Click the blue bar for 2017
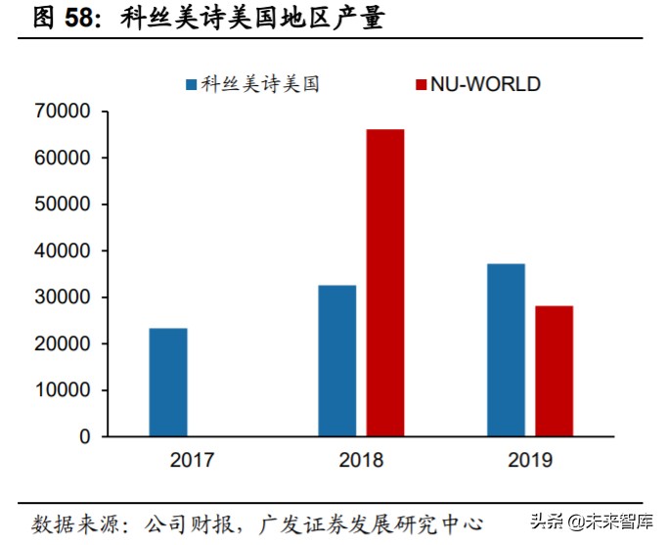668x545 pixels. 168,382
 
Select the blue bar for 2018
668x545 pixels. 337,360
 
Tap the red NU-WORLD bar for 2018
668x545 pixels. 384,283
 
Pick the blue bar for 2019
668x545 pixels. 506,349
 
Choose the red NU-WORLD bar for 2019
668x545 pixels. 554,371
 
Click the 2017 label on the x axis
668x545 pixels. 192,460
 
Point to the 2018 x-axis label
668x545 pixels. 361,460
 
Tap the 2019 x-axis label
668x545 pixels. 529,460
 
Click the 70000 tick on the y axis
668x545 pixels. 63,113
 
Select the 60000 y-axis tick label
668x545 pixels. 63,159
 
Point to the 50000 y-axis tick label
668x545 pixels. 63,204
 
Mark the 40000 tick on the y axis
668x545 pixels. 63,251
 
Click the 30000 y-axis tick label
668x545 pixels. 63,297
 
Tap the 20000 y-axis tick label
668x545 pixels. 63,344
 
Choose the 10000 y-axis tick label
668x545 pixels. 63,390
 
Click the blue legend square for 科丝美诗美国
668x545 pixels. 192,84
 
